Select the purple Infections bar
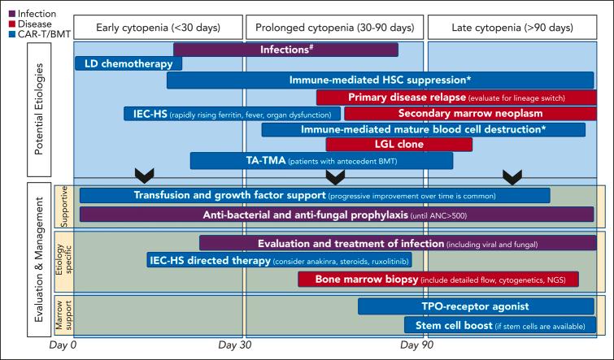285,50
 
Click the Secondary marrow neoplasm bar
470,113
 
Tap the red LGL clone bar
398,145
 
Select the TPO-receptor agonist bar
477,306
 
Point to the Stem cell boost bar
500,325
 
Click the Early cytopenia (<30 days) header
158,28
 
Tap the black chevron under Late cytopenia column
512,176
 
